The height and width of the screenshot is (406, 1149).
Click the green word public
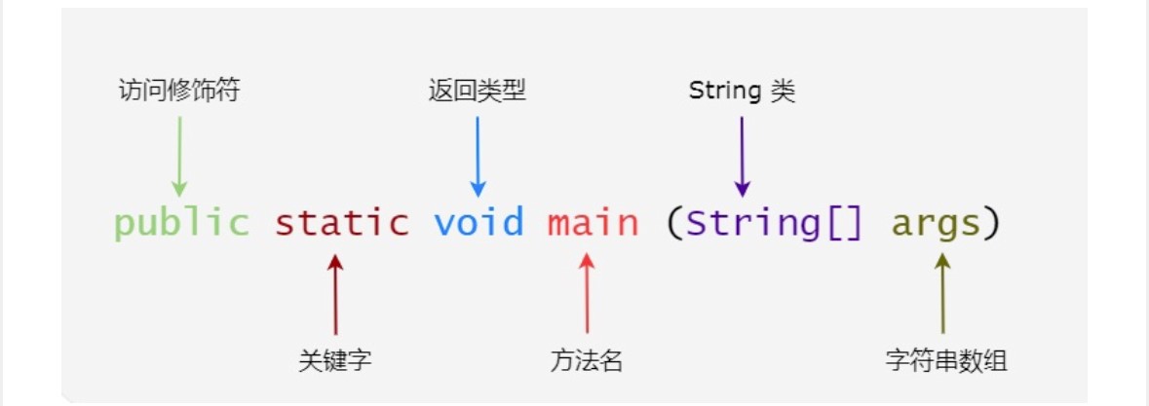click(181, 222)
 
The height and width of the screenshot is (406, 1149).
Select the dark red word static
click(341, 222)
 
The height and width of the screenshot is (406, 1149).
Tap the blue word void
click(479, 222)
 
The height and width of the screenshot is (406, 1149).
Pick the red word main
click(593, 222)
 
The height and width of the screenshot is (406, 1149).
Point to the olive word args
click(936, 225)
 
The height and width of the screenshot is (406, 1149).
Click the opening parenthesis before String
click(673, 224)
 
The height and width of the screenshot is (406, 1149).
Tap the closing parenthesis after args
click(991, 224)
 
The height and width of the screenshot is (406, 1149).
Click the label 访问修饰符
click(178, 91)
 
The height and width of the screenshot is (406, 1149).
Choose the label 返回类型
click(477, 91)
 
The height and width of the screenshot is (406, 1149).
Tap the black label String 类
click(742, 91)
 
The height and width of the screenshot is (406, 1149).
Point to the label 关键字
click(335, 360)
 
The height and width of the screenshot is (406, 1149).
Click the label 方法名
click(587, 360)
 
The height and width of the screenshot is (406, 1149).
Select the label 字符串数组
click(946, 360)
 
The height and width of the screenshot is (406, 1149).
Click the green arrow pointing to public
click(179, 157)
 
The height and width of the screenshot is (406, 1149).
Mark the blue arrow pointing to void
click(478, 157)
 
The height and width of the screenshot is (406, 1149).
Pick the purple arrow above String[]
click(743, 157)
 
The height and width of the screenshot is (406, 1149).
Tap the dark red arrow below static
click(335, 294)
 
